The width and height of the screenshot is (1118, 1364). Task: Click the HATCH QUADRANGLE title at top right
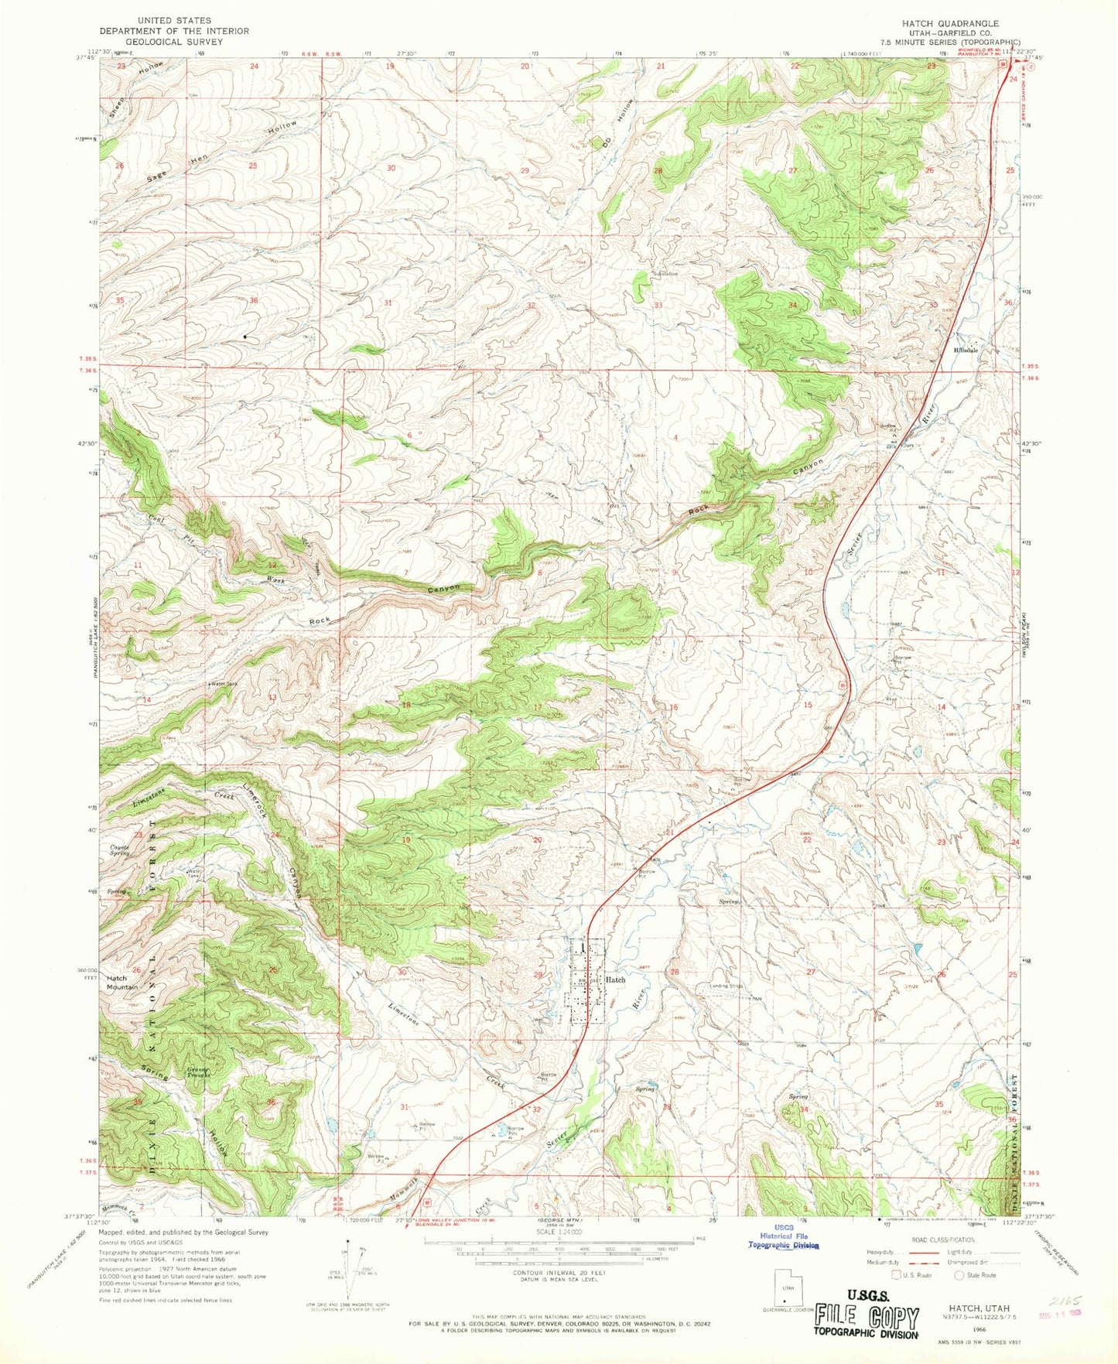click(960, 24)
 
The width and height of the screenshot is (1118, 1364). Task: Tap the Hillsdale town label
click(964, 350)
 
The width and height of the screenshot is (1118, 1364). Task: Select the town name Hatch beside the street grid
click(615, 979)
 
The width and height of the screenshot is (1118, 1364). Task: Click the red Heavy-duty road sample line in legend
click(918, 1250)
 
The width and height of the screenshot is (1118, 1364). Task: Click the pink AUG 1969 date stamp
click(1058, 1316)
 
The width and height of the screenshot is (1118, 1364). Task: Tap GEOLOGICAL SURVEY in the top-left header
click(175, 42)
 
